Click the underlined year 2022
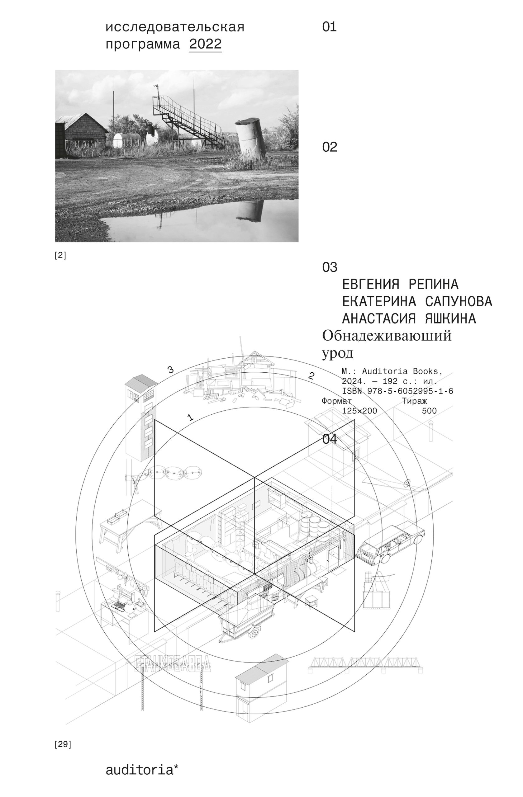tap(205, 44)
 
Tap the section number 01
tap(329, 27)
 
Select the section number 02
tap(329, 147)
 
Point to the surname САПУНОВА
tap(459, 301)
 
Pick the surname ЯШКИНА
tap(450, 318)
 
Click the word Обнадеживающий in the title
tap(387, 336)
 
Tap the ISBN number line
tap(397, 391)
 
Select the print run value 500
tap(429, 411)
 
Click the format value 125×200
tap(359, 411)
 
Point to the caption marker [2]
tap(60, 256)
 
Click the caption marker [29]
tap(63, 744)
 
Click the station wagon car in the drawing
tap(390, 542)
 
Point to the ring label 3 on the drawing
tap(170, 370)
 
